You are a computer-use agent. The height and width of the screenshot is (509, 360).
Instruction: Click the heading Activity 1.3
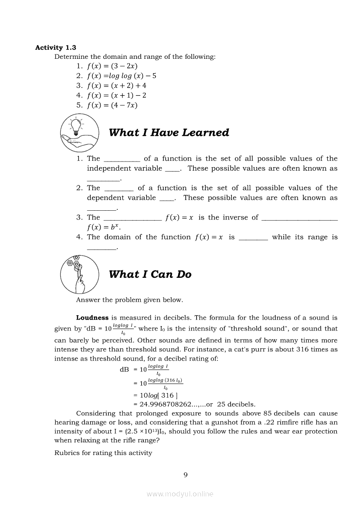55,47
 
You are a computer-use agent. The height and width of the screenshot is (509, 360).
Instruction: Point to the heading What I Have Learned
169,133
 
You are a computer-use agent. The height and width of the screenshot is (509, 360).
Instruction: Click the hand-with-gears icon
79,274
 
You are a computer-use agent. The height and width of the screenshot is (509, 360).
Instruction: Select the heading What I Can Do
150,274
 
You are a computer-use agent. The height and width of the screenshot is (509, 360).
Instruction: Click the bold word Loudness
92,318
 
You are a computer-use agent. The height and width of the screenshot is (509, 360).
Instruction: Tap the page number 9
186,475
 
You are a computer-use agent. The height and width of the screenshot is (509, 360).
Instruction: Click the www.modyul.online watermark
180,494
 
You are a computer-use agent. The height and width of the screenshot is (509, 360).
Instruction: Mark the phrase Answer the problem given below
129,300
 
